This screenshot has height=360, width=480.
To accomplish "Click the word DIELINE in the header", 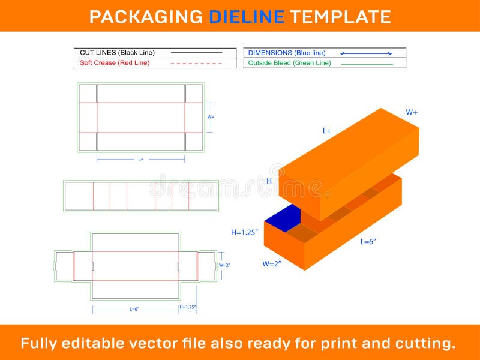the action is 247,16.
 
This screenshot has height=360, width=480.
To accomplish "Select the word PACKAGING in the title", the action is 146,16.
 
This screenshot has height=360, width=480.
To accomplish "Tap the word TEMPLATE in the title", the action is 340,16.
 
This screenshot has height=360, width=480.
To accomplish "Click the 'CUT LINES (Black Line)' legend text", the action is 117,53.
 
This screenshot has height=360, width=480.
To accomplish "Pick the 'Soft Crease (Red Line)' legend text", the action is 115,62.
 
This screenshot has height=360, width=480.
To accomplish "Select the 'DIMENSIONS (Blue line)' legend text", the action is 287,53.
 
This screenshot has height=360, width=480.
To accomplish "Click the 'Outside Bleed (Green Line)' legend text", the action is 289,63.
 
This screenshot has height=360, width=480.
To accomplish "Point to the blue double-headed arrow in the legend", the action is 366,53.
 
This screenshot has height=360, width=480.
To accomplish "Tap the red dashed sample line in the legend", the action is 196,63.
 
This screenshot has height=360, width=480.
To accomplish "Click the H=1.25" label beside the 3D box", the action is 245,232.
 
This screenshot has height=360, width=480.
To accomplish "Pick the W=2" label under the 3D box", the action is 272,263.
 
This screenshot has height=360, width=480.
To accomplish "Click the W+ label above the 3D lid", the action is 412,112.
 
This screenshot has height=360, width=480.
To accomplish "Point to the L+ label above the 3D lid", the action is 327,130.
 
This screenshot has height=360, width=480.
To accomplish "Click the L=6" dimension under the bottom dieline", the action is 134,309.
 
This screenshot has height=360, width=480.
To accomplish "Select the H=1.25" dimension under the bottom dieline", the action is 188,307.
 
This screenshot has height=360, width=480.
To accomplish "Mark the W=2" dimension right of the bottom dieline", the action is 224,265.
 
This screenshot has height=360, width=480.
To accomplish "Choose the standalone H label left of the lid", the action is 269,181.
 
